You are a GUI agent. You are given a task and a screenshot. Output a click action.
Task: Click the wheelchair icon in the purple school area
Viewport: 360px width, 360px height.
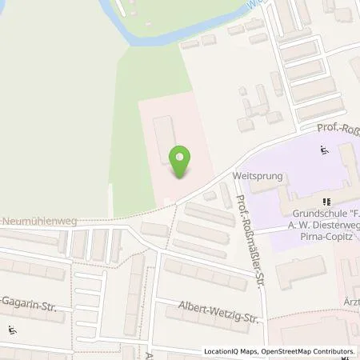[x=325, y=149]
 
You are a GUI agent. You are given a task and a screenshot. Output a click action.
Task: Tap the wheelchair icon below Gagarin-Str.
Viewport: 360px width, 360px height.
[x=11, y=330]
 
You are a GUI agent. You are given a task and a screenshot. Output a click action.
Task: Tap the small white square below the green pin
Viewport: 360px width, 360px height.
[x=166, y=201]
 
